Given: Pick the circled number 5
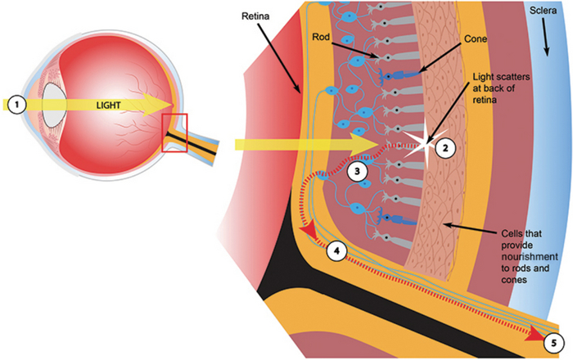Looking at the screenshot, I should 558,339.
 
